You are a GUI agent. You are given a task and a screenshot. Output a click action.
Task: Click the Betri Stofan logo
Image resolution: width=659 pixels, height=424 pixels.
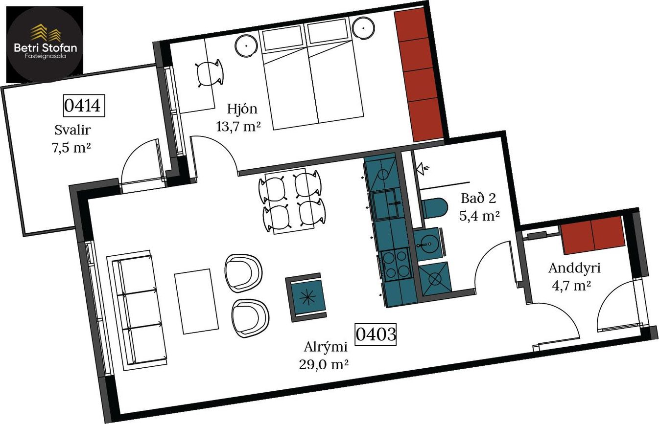coord(45,45)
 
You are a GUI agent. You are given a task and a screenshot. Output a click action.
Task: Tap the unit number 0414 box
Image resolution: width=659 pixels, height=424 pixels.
coord(84,106)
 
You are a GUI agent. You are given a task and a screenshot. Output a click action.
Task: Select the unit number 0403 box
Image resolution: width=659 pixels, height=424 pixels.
coord(376,334)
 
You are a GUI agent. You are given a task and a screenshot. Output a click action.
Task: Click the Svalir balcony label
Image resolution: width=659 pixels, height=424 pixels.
coord(72,130)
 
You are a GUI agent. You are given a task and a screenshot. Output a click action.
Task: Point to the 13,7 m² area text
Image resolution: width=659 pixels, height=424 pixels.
coord(238,126)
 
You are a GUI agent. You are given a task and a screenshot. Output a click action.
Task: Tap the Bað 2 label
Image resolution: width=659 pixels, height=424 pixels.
coord(478,198)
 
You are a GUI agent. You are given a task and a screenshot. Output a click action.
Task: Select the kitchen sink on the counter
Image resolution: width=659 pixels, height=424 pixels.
coord(386,205)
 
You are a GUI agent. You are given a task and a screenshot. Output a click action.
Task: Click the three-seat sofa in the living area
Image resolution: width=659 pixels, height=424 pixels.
coord(137,310)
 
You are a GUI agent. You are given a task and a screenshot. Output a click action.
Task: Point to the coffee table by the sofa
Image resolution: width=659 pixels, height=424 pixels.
coord(196,301)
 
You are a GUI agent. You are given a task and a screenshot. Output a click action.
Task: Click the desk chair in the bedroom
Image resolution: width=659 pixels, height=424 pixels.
coord(210,74)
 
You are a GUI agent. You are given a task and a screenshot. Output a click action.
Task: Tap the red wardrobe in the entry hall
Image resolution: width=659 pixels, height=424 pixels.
coord(592,235)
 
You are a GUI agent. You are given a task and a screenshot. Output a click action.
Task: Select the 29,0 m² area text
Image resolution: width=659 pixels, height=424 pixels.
coord(324,365)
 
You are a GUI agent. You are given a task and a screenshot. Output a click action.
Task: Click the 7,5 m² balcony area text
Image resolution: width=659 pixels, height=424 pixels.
coord(71,148)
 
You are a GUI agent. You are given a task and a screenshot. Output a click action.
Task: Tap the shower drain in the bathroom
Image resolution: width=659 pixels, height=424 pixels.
coord(435,279)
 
